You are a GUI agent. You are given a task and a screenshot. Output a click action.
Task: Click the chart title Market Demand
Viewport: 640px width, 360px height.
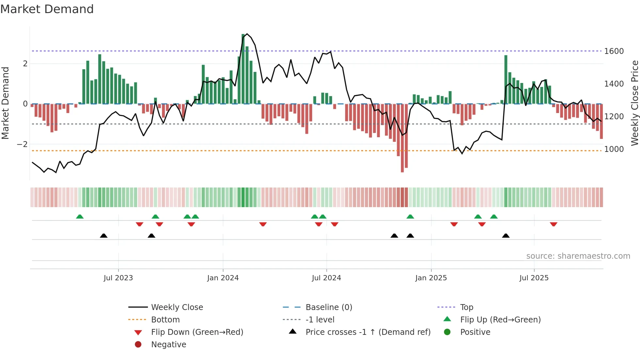pos(47,9)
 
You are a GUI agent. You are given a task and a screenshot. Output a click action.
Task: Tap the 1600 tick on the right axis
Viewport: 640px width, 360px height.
pos(614,51)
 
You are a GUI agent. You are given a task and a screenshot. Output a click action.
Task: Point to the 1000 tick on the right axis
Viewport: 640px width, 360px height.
pos(614,149)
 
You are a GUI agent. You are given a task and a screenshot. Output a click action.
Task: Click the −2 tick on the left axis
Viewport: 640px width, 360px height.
pos(22,144)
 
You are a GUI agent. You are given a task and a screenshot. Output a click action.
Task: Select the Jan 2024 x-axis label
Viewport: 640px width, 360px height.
pos(223,278)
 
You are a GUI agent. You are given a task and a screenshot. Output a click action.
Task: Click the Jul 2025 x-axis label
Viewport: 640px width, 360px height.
pos(534,278)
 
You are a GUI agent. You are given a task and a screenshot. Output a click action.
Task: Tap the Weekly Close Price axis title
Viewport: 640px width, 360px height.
pos(634,103)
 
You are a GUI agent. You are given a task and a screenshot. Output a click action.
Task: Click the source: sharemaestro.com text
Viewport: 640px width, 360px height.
pos(578,256)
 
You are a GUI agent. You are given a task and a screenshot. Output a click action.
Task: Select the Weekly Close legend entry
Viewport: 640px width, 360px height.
pos(177,307)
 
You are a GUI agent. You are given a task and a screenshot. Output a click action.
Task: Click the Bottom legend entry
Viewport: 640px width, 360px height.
pos(165,320)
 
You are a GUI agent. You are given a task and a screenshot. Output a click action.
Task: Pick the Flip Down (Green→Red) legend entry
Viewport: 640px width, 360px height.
pos(197,332)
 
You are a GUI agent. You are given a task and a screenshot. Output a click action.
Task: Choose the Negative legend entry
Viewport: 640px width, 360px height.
pos(168,345)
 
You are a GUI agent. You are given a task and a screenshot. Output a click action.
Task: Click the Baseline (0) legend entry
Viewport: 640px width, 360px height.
pos(328,307)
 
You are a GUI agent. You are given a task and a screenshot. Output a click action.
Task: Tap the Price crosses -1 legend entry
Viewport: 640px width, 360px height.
pos(368,332)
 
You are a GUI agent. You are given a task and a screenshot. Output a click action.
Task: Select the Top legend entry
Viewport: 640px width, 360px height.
pos(466,307)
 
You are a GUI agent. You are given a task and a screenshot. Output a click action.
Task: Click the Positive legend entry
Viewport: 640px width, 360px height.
pos(475,332)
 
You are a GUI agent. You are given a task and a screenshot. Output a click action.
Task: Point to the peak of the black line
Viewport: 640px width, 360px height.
pos(247,34)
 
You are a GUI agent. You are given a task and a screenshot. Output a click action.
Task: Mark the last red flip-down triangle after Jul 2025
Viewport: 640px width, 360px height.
pos(553,224)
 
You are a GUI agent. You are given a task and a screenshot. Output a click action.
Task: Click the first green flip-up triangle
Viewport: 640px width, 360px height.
pos(80,217)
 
